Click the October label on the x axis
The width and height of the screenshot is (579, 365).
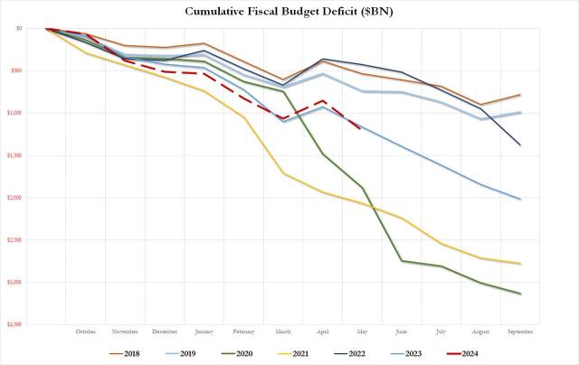pyautogui.click(x=85, y=332)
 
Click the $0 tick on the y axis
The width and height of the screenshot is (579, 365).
pyautogui.click(x=18, y=29)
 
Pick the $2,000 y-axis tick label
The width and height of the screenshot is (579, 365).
pyautogui.click(x=14, y=198)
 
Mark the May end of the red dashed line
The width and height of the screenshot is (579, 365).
pyautogui.click(x=362, y=129)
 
